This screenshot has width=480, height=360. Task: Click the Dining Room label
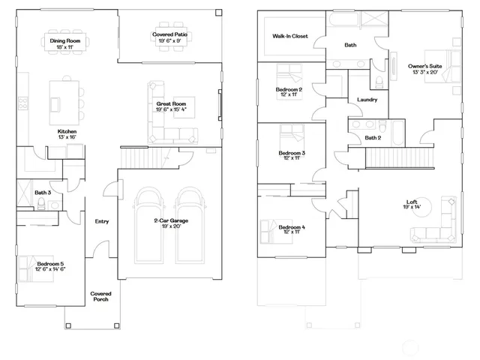65,40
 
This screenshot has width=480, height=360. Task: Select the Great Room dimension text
173,109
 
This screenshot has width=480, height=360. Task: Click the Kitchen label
67,132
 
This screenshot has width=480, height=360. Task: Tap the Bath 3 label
43,193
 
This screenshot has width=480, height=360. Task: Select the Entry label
102,221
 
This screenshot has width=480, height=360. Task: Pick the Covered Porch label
100,296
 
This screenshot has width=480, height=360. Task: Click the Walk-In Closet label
289,35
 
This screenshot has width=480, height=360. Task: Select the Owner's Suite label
424,65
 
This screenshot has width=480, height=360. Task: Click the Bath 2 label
373,138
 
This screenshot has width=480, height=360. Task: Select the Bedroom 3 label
291,153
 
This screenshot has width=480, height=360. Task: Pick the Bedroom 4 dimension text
291,232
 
